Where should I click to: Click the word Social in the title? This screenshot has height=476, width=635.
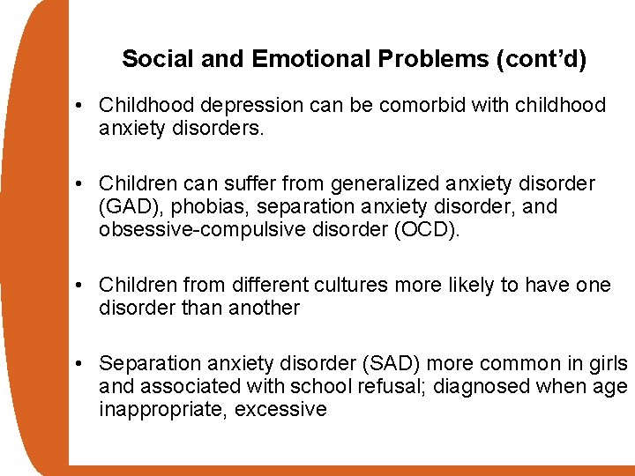151,59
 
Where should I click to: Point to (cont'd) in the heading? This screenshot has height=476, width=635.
542,59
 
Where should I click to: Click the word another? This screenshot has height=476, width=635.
264,309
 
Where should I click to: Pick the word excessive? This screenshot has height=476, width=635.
281,409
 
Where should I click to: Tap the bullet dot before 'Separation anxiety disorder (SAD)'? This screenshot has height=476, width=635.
79,364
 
